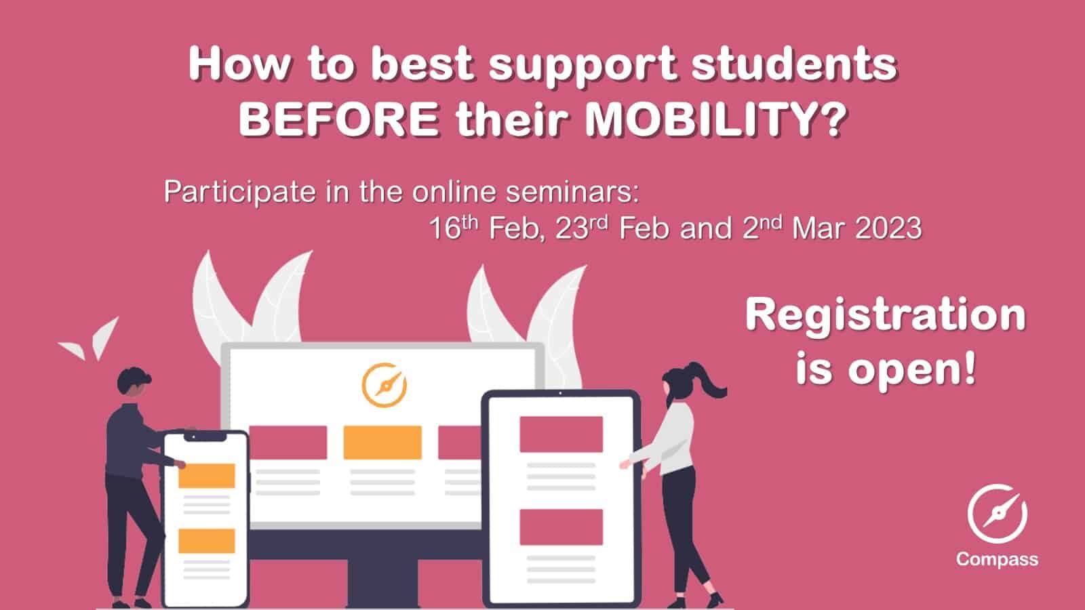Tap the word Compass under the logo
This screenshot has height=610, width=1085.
pos(998,560)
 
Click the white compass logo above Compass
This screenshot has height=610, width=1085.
pos(998,514)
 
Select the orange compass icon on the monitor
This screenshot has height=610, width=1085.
pos(384,385)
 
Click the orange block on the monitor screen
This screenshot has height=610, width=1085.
pos(382,443)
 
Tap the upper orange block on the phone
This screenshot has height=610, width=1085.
pos(206,476)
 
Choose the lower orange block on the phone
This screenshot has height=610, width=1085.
pos(206,541)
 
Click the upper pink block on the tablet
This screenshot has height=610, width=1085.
pos(561,434)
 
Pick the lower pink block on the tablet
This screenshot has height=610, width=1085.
pos(561,527)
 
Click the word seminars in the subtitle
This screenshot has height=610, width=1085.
pos(572,192)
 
